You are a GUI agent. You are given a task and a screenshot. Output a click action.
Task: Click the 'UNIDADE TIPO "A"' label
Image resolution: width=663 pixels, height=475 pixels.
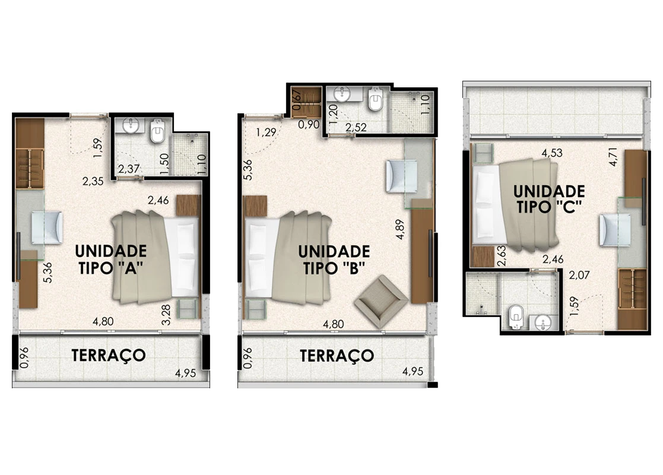(111, 259)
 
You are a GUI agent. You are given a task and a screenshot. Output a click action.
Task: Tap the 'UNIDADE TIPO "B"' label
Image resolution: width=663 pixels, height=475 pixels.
(334, 259)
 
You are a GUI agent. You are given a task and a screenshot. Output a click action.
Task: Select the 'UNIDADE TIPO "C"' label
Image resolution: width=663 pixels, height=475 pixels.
(549, 199)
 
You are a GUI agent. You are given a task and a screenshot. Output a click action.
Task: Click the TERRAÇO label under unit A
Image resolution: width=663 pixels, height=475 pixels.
(109, 355)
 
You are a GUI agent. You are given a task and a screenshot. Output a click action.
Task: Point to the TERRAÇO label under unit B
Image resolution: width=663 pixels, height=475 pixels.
(337, 356)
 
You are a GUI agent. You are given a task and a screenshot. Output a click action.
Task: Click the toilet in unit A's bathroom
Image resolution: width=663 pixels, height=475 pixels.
(158, 131)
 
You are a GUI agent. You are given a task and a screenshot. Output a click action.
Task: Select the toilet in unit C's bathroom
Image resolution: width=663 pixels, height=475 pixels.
(516, 316)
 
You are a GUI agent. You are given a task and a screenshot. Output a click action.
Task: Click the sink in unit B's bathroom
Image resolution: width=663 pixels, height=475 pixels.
(342, 94)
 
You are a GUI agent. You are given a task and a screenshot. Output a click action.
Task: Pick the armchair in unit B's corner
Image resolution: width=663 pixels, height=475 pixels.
(381, 301)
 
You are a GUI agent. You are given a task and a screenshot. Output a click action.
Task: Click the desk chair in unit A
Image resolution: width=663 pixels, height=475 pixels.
(47, 227)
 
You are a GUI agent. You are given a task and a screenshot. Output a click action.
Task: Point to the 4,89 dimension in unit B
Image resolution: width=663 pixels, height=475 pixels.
(401, 229)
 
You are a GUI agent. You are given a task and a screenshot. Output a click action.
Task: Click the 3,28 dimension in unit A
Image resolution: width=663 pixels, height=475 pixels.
(166, 315)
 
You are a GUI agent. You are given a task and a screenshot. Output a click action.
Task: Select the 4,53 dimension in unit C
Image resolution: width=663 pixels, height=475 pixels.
(552, 153)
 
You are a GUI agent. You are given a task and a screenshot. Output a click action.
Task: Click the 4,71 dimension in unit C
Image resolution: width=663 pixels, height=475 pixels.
(613, 157)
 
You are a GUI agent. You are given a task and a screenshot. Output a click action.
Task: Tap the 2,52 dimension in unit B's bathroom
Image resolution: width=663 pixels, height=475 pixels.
(356, 127)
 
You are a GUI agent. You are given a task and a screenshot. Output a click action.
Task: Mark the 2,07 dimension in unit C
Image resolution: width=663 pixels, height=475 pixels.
(579, 275)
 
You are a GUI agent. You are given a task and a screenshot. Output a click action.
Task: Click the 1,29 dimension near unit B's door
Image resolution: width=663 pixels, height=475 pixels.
(266, 132)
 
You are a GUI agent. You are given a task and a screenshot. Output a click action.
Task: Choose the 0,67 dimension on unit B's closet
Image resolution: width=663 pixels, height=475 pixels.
(297, 101)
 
